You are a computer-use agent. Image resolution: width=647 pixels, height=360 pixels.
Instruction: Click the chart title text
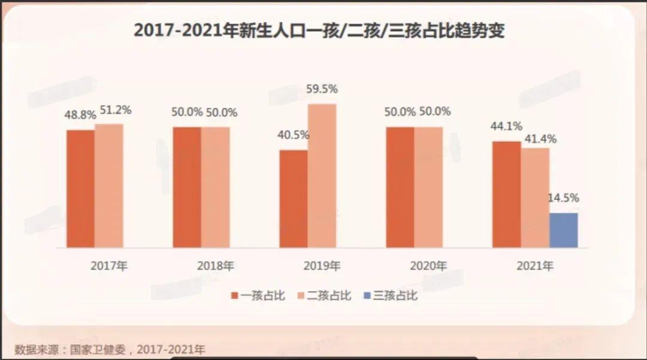319,31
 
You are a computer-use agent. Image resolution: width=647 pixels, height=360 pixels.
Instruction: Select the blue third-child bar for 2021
564,231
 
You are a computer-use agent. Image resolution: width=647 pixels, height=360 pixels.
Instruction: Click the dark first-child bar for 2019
294,199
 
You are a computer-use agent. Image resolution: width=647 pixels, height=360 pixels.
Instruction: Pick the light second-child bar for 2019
322,176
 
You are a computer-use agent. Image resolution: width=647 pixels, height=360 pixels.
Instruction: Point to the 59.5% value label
321,89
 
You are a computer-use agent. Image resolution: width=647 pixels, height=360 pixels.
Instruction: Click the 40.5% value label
293,135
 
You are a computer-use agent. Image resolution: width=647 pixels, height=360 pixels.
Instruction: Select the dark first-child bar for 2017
80,189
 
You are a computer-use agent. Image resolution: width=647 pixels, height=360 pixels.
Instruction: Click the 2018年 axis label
215,266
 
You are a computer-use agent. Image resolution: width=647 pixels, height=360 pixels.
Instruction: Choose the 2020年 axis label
428,266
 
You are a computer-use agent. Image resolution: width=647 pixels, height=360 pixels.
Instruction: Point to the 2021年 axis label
535,266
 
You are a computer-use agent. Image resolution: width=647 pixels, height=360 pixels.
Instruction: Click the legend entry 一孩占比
258,295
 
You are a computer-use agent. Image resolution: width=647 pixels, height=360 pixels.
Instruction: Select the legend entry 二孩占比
324,295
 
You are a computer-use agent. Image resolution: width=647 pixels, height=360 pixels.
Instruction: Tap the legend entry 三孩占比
390,295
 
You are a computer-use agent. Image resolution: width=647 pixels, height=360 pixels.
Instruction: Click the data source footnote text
110,349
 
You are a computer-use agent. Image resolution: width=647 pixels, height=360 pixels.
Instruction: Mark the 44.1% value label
506,126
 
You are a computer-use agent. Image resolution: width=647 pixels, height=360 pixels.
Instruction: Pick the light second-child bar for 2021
535,198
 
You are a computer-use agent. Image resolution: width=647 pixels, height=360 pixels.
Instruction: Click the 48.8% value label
81,116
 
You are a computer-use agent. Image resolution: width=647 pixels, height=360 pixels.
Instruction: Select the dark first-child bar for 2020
400,187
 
